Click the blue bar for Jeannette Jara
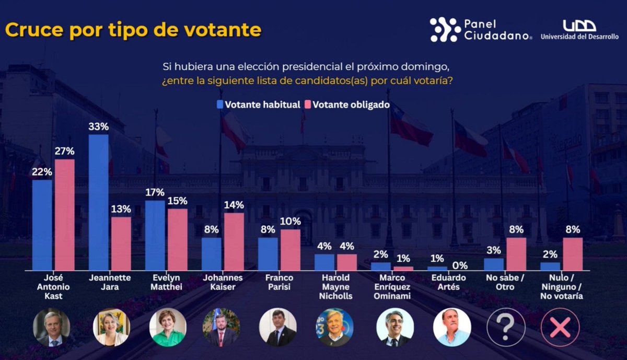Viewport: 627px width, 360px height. pyautogui.click(x=98, y=202)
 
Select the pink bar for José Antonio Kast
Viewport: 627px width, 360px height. pyautogui.click(x=64, y=215)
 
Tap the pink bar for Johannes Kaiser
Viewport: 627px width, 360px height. pyautogui.click(x=234, y=241)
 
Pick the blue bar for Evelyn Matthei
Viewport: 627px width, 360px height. pyautogui.click(x=155, y=235)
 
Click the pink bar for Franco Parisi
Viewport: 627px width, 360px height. pyautogui.click(x=290, y=250)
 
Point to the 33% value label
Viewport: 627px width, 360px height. pyautogui.click(x=98, y=126)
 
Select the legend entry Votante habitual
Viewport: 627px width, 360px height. pyautogui.click(x=258, y=104)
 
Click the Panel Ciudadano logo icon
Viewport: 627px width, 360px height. pyautogui.click(x=445, y=29)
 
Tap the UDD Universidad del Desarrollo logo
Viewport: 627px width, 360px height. pyautogui.click(x=579, y=29)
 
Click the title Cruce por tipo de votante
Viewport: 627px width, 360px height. pyautogui.click(x=133, y=30)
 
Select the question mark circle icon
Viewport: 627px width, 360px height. pyautogui.click(x=505, y=327)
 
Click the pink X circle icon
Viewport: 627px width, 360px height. pyautogui.click(x=560, y=327)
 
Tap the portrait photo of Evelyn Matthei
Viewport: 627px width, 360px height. pyautogui.click(x=168, y=327)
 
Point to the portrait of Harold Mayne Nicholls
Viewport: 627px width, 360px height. pyautogui.click(x=334, y=327)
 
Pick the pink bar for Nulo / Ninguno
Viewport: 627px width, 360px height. pyautogui.click(x=572, y=254)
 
